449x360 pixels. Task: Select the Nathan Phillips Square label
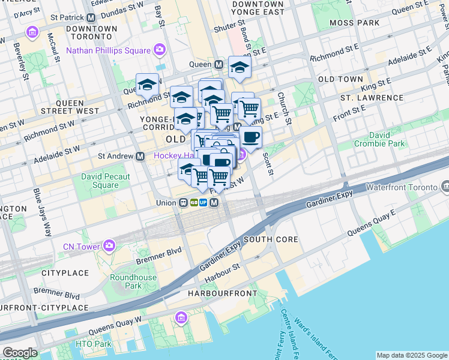pos(109,50)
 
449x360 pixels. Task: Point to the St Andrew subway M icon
pos(140,156)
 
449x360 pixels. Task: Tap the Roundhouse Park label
pos(133,281)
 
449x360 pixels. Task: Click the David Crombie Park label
pos(379,139)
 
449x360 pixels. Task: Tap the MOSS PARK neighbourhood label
pos(355,22)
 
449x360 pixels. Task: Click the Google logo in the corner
pos(20,353)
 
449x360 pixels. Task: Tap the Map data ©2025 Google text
pos(412,355)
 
